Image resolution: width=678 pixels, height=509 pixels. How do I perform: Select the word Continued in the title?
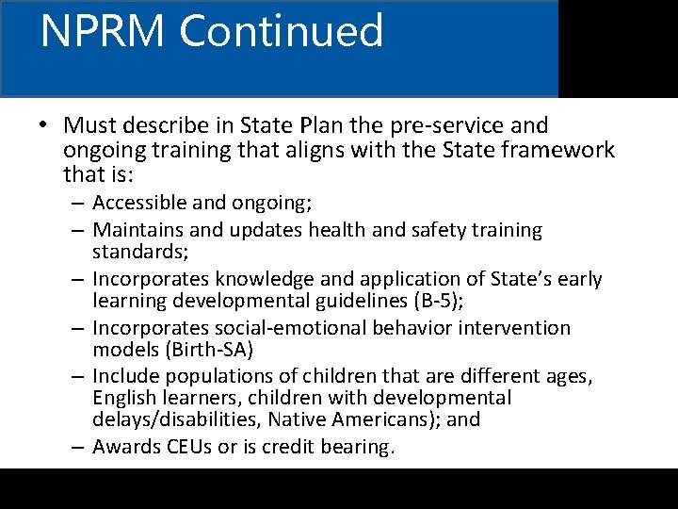pyautogui.click(x=282, y=31)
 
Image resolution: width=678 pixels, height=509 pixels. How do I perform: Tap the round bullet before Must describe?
pyautogui.click(x=44, y=125)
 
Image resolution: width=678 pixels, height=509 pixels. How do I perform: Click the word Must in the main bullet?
pyautogui.click(x=90, y=125)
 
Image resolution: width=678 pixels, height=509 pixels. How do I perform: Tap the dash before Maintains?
pyautogui.click(x=80, y=229)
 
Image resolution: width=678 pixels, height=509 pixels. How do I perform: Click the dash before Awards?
pyautogui.click(x=80, y=447)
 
